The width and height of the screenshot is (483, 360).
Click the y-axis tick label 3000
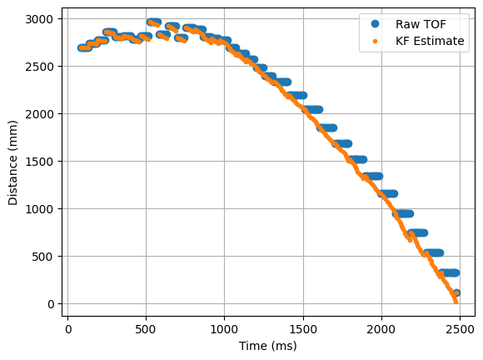pyautogui.click(x=42, y=19)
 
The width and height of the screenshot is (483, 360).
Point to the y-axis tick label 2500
pyautogui.click(x=42, y=67)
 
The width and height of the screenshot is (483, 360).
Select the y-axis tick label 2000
pyautogui.click(x=42, y=114)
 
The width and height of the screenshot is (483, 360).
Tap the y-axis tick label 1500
pyautogui.click(x=42, y=162)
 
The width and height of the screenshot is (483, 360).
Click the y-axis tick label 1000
pyautogui.click(x=42, y=209)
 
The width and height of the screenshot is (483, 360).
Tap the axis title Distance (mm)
pyautogui.click(x=14, y=161)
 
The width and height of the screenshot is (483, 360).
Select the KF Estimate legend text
pyautogui.click(x=430, y=40)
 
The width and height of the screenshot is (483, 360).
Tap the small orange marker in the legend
pyautogui.click(x=371, y=40)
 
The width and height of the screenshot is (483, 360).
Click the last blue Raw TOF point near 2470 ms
pyautogui.click(x=456, y=292)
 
